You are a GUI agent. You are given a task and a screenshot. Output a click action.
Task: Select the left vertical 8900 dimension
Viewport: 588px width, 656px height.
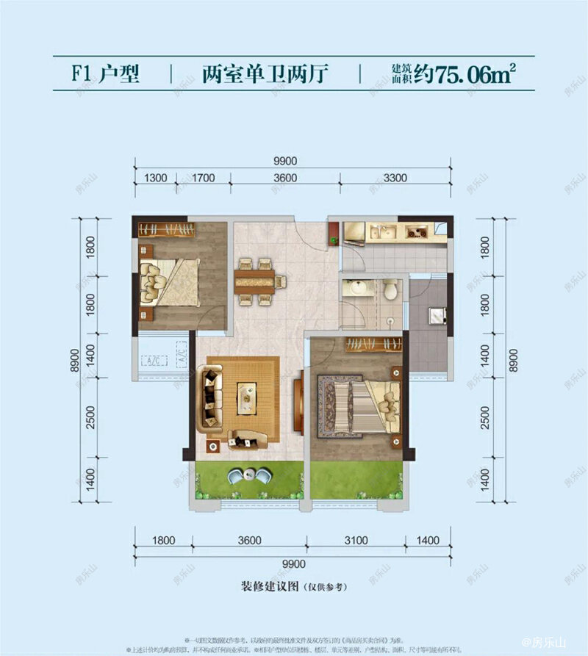click(x=73, y=359)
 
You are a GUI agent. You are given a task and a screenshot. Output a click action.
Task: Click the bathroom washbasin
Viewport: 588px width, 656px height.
click(x=358, y=287)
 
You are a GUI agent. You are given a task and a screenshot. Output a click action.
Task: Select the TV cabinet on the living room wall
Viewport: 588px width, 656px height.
click(x=299, y=402)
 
